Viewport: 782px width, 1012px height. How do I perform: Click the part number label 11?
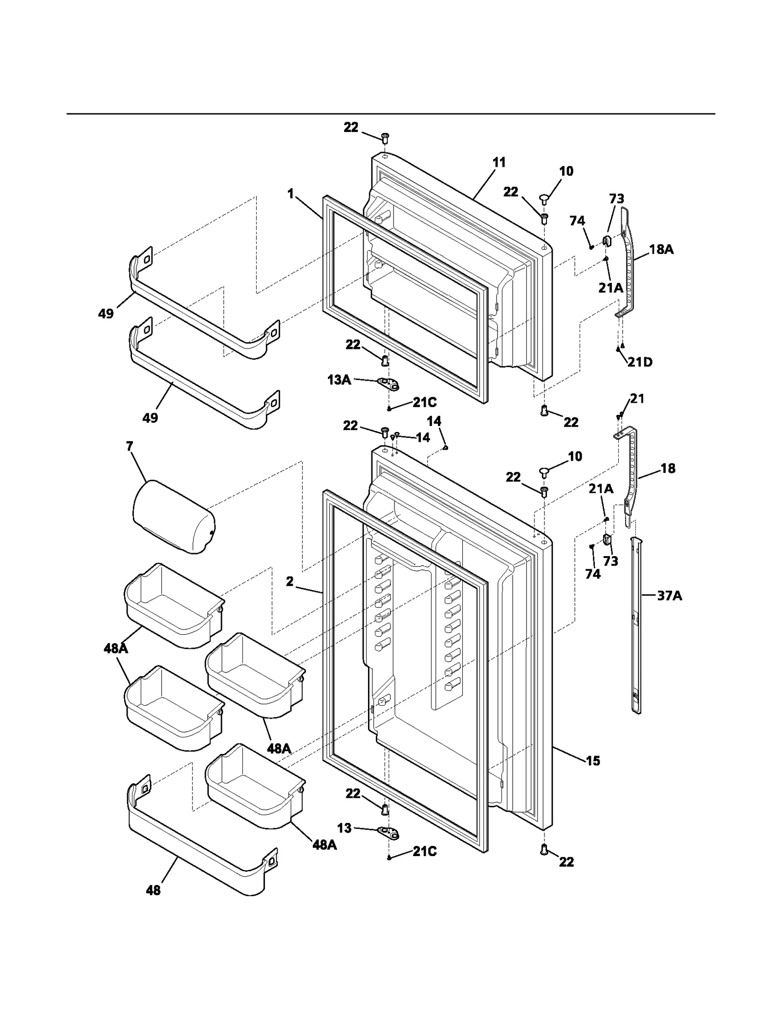[x=499, y=162]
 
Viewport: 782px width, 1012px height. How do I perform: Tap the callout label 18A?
[x=661, y=249]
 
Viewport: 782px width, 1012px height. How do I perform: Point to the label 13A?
[x=339, y=380]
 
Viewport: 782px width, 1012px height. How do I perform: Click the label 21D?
[x=640, y=362]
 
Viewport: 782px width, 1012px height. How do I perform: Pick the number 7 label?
[x=130, y=446]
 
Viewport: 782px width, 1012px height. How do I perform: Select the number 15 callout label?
[x=592, y=760]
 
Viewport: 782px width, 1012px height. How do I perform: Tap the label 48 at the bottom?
[x=153, y=890]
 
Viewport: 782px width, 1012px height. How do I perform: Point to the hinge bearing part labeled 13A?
[x=389, y=384]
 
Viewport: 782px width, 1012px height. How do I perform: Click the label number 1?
[x=291, y=194]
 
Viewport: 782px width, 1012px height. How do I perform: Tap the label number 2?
[x=290, y=581]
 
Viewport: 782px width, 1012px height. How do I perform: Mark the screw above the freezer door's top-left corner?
[x=385, y=138]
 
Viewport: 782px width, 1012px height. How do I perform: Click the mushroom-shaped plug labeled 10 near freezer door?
[x=545, y=198]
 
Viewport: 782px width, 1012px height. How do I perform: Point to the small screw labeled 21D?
[x=618, y=349]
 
